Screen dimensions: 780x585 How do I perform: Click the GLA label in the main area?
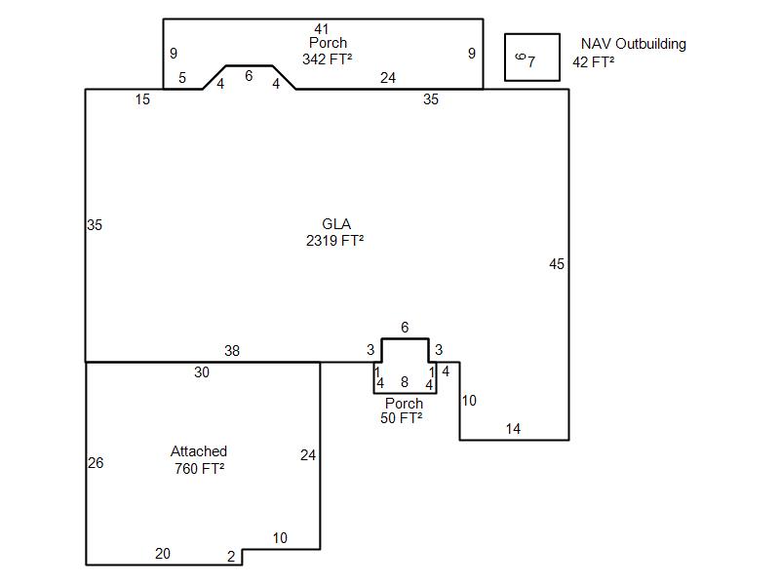click(336, 224)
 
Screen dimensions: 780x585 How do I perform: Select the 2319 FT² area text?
click(334, 241)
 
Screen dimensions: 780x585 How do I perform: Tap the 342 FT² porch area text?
click(328, 59)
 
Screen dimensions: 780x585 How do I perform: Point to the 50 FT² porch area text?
click(402, 418)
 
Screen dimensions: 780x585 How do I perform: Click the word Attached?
click(199, 451)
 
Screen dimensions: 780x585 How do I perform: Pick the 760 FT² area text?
click(200, 469)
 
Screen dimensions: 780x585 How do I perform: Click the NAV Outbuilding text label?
click(634, 44)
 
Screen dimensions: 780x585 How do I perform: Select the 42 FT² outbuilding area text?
click(594, 62)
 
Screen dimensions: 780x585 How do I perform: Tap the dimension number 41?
click(322, 29)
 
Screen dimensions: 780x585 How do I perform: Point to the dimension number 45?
click(557, 264)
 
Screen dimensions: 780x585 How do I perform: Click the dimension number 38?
click(232, 351)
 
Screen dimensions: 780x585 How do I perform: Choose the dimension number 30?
click(202, 372)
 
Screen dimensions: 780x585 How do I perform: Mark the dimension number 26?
click(96, 463)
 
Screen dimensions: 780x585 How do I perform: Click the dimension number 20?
click(163, 554)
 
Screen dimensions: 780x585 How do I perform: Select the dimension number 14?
click(513, 429)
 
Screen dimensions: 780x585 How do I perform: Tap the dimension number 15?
click(142, 99)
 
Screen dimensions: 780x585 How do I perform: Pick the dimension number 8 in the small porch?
click(405, 381)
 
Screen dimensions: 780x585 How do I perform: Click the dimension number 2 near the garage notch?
click(231, 556)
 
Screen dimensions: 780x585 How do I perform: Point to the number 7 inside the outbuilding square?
click(531, 61)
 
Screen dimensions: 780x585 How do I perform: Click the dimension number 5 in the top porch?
click(182, 78)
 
